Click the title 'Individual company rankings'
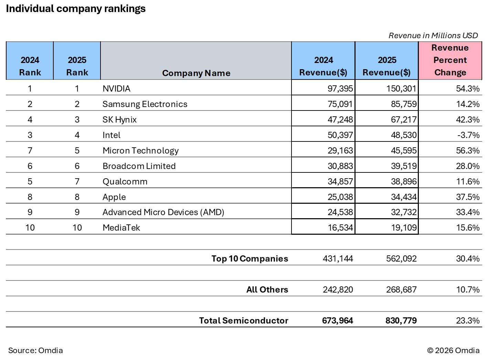click(x=76, y=9)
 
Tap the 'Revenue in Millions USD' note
click(x=433, y=35)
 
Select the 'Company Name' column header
click(x=196, y=73)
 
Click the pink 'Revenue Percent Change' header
click(x=450, y=60)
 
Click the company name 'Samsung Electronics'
click(x=145, y=104)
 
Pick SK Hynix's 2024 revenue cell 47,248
click(x=340, y=120)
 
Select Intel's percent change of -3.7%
click(x=468, y=135)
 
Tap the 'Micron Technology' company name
click(x=140, y=151)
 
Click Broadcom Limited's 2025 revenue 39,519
click(x=404, y=166)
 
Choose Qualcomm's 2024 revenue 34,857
click(x=340, y=182)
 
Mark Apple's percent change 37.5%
click(x=467, y=197)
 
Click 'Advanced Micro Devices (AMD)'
click(x=163, y=212)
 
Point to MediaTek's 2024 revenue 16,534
click(x=340, y=228)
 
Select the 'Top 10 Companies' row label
click(x=250, y=259)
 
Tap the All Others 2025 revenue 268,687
click(x=401, y=290)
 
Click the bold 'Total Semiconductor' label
click(x=243, y=321)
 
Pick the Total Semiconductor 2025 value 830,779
click(x=401, y=321)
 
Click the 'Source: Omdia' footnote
click(x=35, y=351)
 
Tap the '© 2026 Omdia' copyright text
click(x=453, y=351)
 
